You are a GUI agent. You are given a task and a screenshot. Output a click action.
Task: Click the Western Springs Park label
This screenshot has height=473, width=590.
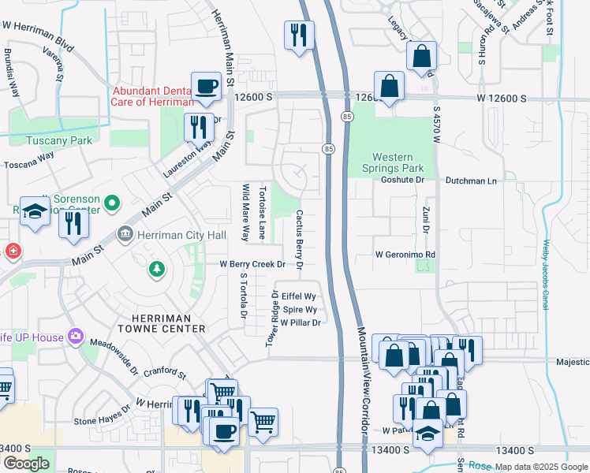[398, 162]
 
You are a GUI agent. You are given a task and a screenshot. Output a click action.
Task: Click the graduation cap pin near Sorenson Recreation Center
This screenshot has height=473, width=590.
[35, 211]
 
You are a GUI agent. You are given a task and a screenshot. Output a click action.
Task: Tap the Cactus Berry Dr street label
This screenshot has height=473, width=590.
[300, 237]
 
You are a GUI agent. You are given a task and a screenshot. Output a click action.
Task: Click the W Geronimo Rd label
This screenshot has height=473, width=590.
[405, 255]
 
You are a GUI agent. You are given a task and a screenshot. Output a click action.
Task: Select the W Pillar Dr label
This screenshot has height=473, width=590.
[300, 322]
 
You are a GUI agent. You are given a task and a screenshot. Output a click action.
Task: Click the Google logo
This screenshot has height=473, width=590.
[26, 464]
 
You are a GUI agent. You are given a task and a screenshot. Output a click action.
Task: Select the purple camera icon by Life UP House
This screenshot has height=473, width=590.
[76, 337]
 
